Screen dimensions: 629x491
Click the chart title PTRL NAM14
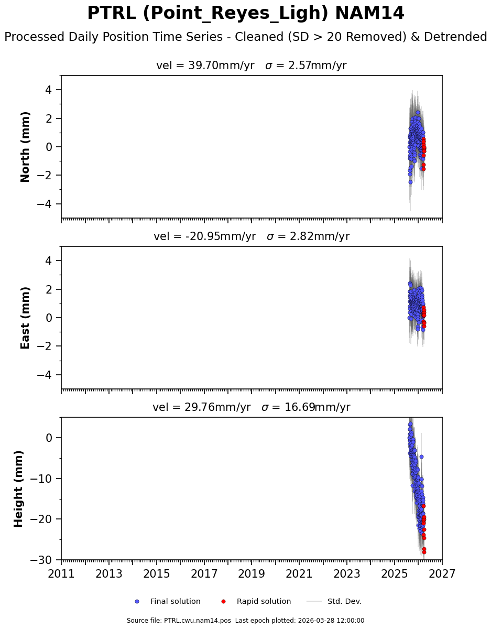click(x=245, y=14)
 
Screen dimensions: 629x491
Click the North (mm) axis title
click(x=25, y=147)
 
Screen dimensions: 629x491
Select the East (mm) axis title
click(x=25, y=318)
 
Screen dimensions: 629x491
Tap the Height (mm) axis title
click(x=19, y=489)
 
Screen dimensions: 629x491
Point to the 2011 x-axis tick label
click(x=61, y=574)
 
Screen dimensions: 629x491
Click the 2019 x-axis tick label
click(x=252, y=574)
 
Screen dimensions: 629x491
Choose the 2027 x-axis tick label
click(x=442, y=574)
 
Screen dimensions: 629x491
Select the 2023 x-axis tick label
click(x=347, y=574)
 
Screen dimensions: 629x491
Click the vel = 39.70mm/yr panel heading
click(x=251, y=66)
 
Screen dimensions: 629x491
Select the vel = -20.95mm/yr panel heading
click(x=251, y=236)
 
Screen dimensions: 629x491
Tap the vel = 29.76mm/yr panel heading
click(x=251, y=407)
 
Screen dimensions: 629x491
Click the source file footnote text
click(x=245, y=621)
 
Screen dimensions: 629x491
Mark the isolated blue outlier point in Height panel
click(x=421, y=457)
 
